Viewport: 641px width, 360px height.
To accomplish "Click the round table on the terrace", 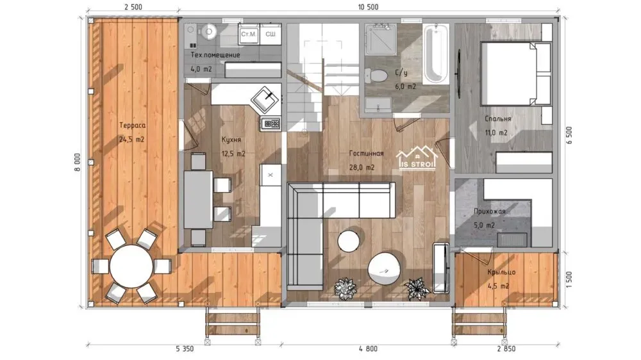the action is click(131, 266).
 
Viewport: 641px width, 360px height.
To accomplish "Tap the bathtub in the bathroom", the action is click(436, 54).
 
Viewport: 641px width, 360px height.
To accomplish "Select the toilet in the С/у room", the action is click(376, 76).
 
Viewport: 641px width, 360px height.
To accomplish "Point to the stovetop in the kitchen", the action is click(271, 123).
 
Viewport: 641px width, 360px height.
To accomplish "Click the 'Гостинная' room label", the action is click(366, 153).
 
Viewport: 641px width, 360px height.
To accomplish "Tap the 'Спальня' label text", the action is click(497, 119).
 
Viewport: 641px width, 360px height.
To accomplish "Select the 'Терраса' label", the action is click(133, 126).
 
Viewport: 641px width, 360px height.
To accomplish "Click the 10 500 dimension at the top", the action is click(368, 7).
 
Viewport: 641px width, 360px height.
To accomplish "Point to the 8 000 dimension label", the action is click(78, 162).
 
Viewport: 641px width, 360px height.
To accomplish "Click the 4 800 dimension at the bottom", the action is click(368, 348).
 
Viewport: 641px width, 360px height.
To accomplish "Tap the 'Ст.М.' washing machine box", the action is click(249, 34).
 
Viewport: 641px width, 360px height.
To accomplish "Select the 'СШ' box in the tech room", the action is click(271, 34).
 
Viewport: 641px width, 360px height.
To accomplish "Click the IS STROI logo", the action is click(417, 158).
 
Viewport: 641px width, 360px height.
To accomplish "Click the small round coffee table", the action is click(349, 241).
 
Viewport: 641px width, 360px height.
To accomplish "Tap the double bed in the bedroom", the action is click(516, 74).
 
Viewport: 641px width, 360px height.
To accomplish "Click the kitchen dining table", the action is click(198, 199).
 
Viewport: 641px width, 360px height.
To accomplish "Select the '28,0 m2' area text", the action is click(362, 168).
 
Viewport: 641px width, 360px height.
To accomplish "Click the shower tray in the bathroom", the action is click(381, 40).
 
